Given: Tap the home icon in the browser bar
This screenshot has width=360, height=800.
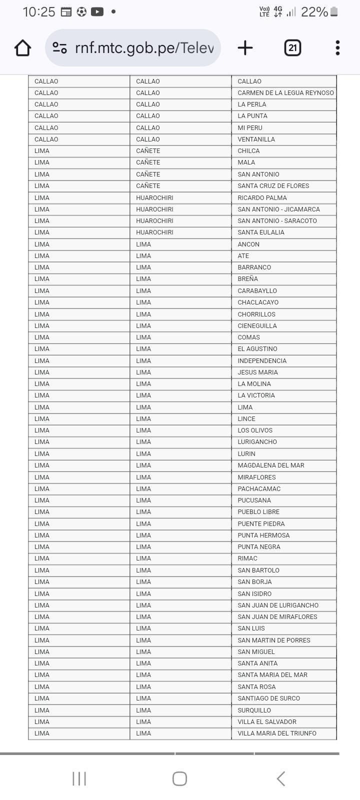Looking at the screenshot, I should tap(23, 48).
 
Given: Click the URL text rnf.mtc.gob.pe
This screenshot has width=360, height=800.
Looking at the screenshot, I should tap(144, 48).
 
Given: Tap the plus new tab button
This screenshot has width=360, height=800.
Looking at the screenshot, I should tap(245, 48).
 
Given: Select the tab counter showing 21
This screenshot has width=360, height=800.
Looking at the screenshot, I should tap(292, 48).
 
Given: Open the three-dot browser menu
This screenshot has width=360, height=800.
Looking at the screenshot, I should tap(338, 48).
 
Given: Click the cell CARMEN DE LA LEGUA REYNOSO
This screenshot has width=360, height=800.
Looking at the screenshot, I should tap(285, 93).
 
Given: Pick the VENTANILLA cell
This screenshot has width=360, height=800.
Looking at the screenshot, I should tap(256, 139).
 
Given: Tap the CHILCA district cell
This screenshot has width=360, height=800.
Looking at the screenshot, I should tap(248, 151).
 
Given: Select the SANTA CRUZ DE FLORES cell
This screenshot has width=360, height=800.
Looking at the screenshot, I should tap(273, 186).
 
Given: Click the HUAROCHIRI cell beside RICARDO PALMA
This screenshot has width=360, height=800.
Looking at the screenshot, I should tap(154, 198).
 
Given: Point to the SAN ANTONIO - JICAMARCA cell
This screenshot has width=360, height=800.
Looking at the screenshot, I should tap(278, 209).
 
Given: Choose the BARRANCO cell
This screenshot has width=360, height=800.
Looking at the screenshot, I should tap(254, 267).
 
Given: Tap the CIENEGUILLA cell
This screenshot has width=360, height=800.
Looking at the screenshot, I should tap(257, 326).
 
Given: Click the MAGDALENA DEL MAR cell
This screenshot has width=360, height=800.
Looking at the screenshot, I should tap(270, 465).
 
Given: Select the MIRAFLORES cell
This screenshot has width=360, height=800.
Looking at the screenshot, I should tap(256, 477).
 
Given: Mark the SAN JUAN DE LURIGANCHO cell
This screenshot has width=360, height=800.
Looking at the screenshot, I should tap(277, 605).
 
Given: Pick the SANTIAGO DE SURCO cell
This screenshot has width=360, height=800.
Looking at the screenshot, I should tap(268, 698).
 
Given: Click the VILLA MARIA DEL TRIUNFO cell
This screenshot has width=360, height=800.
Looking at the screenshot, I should tap(276, 733).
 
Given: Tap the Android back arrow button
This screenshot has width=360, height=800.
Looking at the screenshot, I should tap(281, 778).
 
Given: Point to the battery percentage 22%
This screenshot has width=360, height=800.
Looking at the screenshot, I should tap(314, 12).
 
